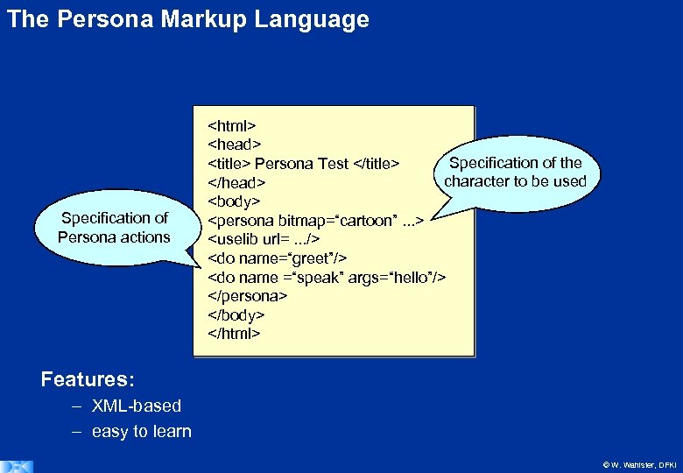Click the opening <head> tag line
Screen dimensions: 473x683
[x=235, y=144]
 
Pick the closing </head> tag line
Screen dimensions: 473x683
[x=236, y=183]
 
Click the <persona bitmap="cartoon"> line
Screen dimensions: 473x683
[x=315, y=220]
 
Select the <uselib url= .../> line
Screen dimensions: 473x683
[x=263, y=239]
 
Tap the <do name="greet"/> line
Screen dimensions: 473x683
[x=277, y=258]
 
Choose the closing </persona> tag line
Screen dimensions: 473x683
[x=248, y=296]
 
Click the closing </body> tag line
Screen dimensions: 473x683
[x=236, y=314]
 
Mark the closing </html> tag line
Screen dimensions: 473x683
[x=234, y=334]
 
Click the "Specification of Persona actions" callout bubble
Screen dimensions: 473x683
[x=114, y=228]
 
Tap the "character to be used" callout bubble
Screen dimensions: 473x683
[x=515, y=173]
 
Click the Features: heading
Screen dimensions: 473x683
[x=88, y=380]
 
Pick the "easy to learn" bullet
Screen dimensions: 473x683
[x=141, y=431]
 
